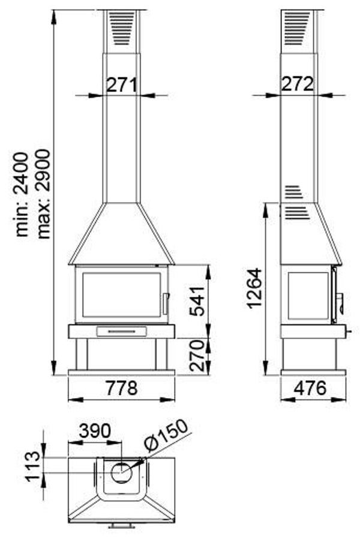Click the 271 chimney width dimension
[x=121, y=85]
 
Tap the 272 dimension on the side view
[x=298, y=83]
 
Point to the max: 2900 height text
[x=44, y=194]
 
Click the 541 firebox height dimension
[x=197, y=301]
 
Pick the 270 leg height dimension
[x=197, y=356]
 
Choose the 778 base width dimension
[x=121, y=388]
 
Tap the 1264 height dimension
[x=254, y=288]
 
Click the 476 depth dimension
[x=310, y=388]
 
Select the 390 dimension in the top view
[x=95, y=430]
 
